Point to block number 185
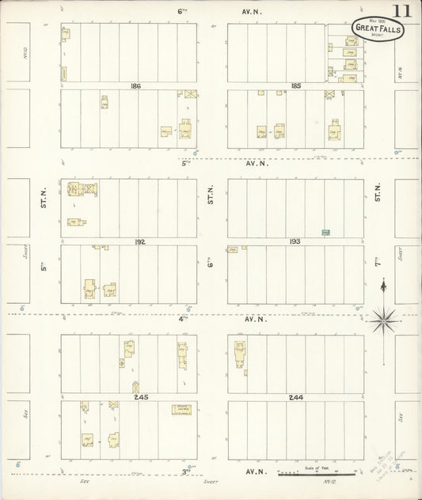click(296, 85)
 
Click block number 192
click(141, 241)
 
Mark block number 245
click(141, 396)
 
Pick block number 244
click(296, 396)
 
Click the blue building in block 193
click(325, 232)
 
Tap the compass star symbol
click(383, 320)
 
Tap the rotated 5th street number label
click(45, 266)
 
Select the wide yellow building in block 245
click(183, 410)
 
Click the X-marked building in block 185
click(329, 93)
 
